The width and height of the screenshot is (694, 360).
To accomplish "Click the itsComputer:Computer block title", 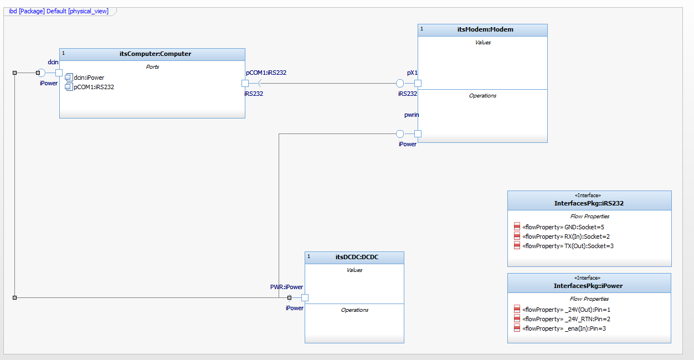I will tap(155, 54).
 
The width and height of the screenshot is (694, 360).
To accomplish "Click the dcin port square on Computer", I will tap(59, 73).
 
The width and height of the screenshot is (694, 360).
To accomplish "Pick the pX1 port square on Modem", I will tap(418, 84).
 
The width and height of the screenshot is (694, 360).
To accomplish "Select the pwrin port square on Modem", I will tap(418, 133).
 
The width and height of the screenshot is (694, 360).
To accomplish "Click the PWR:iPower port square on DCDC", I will tap(305, 297).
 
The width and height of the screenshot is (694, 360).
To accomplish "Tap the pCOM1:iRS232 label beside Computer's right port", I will tap(266, 73).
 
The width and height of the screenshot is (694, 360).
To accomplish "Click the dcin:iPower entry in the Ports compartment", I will tap(89, 78).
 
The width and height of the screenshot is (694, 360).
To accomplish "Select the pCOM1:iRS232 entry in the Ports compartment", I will tap(94, 87).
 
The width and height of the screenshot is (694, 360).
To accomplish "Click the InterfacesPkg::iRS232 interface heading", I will tap(589, 203).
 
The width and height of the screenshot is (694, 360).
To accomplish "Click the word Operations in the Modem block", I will tap(482, 96).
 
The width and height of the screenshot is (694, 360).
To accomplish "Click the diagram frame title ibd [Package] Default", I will tap(59, 11).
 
